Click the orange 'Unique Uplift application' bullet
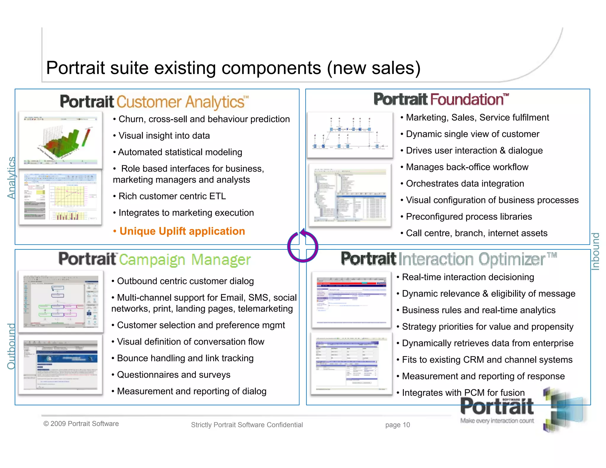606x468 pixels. click(x=182, y=231)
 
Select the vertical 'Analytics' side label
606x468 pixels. click(x=11, y=177)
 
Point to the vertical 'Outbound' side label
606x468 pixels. click(x=11, y=346)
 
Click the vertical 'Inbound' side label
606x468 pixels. click(x=595, y=251)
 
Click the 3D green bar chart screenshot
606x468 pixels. click(x=61, y=140)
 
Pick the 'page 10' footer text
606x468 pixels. click(x=397, y=425)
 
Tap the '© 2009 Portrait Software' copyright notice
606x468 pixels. click(x=81, y=424)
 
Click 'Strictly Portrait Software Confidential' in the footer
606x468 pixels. click(x=247, y=425)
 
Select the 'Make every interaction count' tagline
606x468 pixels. click(x=497, y=421)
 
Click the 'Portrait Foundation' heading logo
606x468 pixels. click(x=441, y=99)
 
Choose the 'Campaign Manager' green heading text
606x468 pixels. click(x=185, y=260)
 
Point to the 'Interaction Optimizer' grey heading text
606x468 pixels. click(x=472, y=259)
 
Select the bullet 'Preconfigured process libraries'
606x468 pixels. click(x=469, y=217)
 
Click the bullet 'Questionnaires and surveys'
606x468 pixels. click(x=173, y=375)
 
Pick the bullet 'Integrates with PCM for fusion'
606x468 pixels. click(x=463, y=393)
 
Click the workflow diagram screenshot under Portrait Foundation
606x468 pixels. click(x=350, y=135)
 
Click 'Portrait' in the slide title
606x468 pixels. click(x=75, y=68)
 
